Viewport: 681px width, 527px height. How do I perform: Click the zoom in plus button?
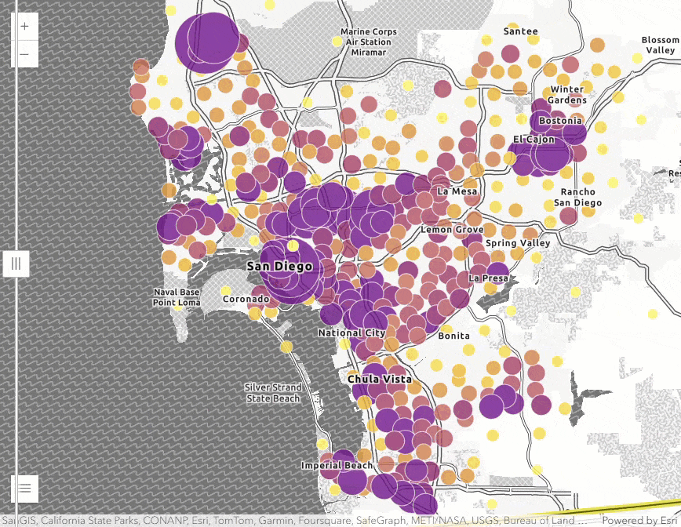24,26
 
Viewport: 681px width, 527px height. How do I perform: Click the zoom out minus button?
24,54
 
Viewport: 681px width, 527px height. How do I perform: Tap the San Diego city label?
279,267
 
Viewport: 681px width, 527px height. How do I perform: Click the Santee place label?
520,31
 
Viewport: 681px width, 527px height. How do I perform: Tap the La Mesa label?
457,191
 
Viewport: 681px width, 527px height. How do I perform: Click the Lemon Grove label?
452,230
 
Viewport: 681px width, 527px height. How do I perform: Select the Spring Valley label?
518,243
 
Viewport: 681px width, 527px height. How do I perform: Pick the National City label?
351,333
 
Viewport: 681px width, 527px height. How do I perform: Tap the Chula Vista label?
379,380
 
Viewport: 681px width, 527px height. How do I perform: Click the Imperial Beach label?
337,466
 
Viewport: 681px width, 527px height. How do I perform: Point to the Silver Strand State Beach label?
272,393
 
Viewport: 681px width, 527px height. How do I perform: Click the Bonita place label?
453,336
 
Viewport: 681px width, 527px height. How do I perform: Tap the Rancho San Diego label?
577,197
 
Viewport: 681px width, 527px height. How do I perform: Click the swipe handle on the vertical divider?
16,263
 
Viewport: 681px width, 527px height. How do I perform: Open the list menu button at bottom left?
24,488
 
